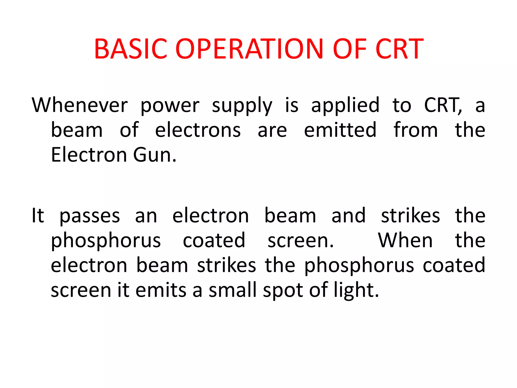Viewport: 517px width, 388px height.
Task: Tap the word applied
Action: click(x=345, y=106)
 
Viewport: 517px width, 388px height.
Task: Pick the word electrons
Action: click(x=198, y=130)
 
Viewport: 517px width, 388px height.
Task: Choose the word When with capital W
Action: click(x=405, y=240)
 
